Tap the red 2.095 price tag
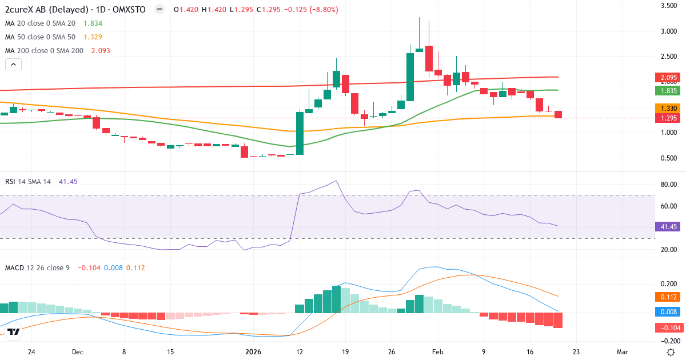click(667, 78)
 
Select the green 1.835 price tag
click(667, 90)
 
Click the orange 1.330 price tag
click(667, 108)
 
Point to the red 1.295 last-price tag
click(667, 118)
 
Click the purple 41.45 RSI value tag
click(667, 226)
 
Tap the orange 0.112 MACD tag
click(667, 297)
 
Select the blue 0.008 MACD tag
click(667, 311)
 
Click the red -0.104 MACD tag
click(667, 327)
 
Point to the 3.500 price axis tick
click(669, 6)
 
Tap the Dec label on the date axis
click(78, 352)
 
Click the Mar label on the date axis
click(623, 352)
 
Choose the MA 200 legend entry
click(57, 51)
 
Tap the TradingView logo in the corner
click(14, 331)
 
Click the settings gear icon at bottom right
click(671, 351)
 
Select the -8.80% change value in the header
click(323, 10)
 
